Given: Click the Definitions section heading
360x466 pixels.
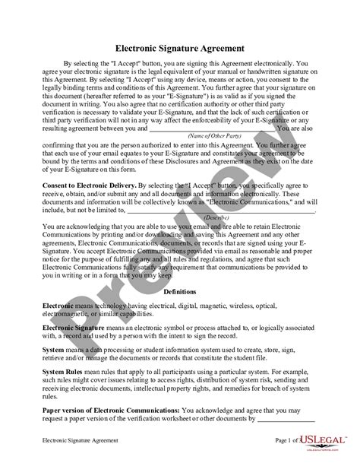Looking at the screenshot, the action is pos(180,291).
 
